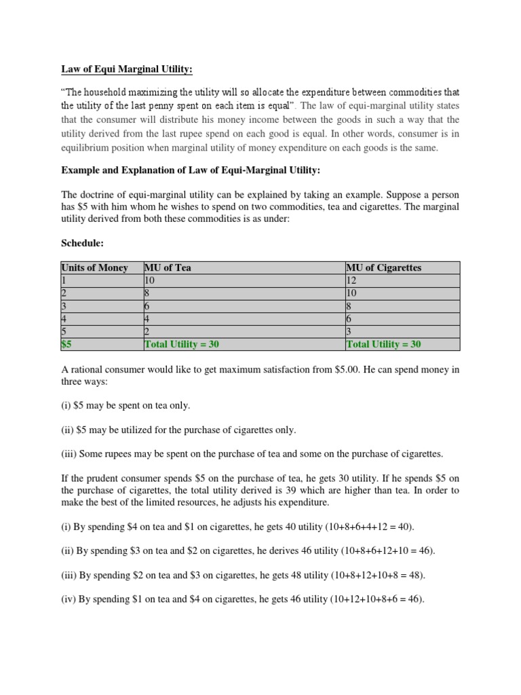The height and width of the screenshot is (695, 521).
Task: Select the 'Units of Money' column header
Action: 94,267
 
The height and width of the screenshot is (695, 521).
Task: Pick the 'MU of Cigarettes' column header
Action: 383,267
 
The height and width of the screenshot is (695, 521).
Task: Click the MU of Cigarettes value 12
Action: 351,280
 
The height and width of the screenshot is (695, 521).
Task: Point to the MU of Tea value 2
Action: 147,331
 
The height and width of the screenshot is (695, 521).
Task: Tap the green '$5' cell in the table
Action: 67,344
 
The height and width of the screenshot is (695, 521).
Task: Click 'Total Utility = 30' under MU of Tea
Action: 182,344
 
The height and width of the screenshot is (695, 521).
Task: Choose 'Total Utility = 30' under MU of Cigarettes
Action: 383,344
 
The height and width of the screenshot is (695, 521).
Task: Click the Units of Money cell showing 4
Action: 64,318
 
